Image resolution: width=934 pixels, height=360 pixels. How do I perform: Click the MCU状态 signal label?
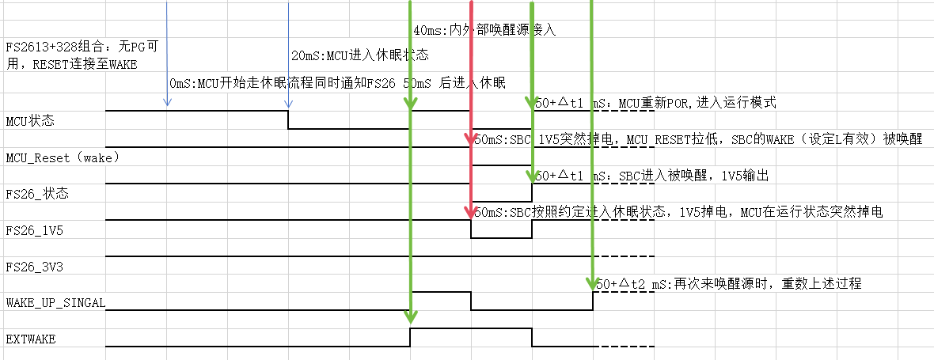[28, 122]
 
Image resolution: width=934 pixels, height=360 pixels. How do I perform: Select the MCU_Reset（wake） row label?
[62, 157]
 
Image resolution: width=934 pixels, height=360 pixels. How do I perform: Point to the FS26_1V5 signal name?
[34, 230]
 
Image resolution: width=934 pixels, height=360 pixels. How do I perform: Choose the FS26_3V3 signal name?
[34, 267]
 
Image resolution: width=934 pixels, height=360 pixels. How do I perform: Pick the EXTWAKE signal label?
[31, 339]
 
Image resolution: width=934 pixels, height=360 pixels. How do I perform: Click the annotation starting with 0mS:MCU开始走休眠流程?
[337, 83]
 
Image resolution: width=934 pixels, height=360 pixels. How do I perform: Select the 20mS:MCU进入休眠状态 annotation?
[360, 55]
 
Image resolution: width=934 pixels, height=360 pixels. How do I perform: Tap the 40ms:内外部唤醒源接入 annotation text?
[485, 30]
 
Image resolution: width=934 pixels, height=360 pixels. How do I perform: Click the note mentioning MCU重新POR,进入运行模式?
[656, 103]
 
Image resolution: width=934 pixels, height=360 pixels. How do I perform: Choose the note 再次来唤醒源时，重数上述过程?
[727, 283]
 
